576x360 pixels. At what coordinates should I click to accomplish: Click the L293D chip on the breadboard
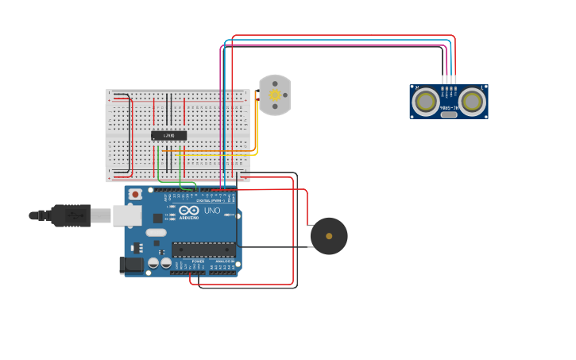pyautogui.click(x=168, y=136)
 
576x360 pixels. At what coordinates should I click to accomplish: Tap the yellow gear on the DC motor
pyautogui.click(x=275, y=95)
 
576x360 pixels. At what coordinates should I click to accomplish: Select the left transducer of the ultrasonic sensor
pyautogui.click(x=426, y=101)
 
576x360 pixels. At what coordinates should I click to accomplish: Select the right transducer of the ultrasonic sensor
pyautogui.click(x=472, y=101)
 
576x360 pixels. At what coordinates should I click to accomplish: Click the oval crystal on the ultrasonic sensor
pyautogui.click(x=449, y=114)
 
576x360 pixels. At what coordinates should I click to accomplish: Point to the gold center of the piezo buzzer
pyautogui.click(x=329, y=236)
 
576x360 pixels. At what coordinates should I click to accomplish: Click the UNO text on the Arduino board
pyautogui.click(x=212, y=211)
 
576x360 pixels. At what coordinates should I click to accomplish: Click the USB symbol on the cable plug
pyautogui.click(x=75, y=215)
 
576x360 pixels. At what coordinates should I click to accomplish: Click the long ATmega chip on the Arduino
pyautogui.click(x=203, y=249)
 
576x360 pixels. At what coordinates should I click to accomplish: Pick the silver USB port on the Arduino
pyautogui.click(x=127, y=215)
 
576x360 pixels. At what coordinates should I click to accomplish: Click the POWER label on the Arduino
pyautogui.click(x=198, y=261)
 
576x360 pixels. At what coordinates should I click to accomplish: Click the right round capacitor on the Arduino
pyautogui.click(x=165, y=262)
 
